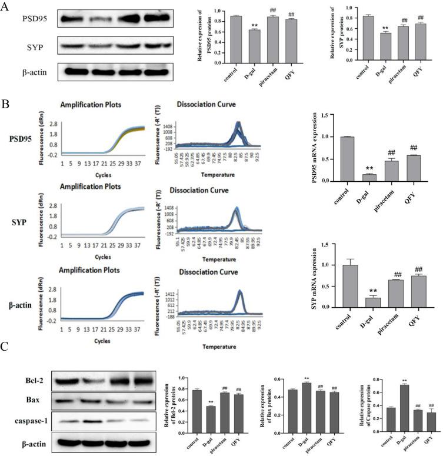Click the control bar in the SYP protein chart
coord(351,46)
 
